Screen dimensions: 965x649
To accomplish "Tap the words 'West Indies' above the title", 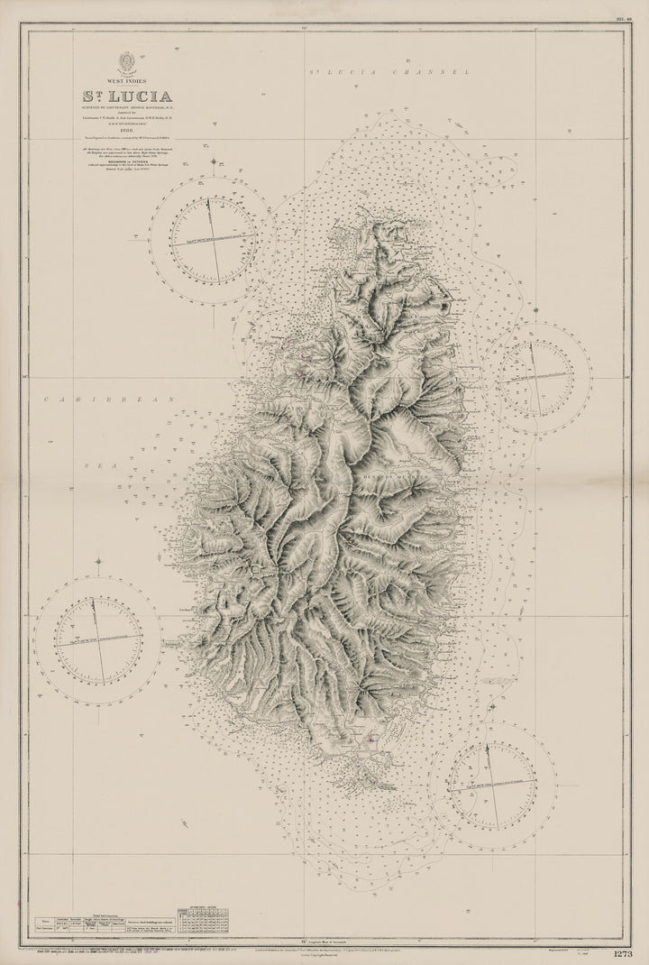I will pos(125,78).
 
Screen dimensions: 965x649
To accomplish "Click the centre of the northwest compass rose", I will pos(214,240).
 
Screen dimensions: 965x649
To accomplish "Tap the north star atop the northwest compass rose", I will pos(213,163).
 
